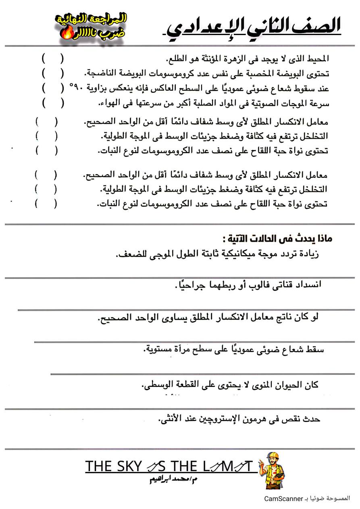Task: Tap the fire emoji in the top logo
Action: (65, 35)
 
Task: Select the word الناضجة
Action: (103, 73)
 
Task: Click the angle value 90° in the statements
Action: (76, 87)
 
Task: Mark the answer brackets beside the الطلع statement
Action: (52, 59)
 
